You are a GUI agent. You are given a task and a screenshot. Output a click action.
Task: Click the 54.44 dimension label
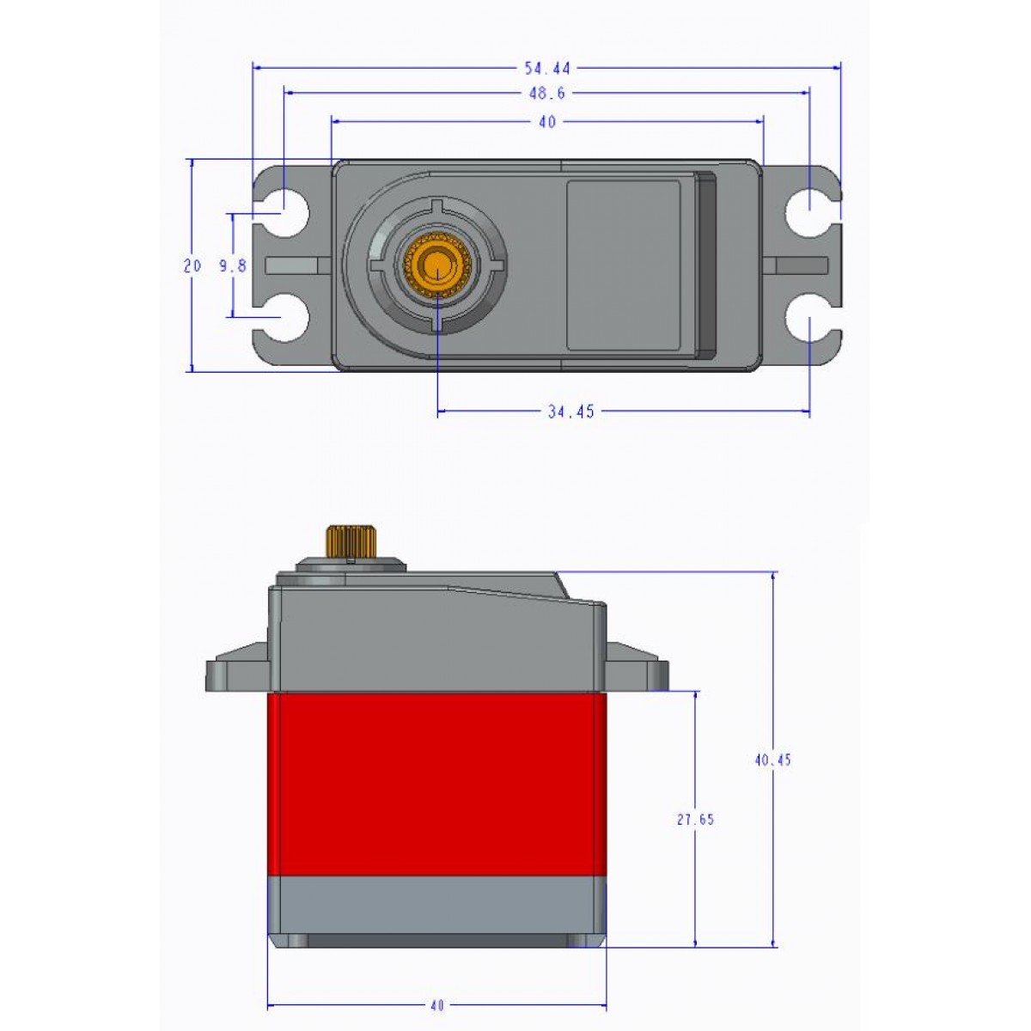click(x=547, y=67)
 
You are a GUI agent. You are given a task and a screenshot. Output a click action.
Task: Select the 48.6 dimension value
click(x=546, y=94)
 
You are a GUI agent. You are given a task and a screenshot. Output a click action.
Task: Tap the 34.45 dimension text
click(x=571, y=412)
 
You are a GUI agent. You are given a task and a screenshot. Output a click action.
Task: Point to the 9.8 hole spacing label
click(x=232, y=266)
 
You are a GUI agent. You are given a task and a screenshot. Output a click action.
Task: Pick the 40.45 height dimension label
click(x=772, y=760)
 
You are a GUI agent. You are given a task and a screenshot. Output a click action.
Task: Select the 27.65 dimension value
click(x=695, y=820)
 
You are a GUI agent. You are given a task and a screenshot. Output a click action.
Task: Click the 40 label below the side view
click(x=436, y=1005)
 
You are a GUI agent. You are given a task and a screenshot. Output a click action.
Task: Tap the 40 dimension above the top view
click(x=547, y=122)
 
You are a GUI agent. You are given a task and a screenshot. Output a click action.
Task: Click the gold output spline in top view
click(x=437, y=265)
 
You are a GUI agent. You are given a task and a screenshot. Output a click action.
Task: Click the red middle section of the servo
click(x=436, y=784)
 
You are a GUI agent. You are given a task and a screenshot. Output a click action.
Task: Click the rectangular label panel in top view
click(x=623, y=265)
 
